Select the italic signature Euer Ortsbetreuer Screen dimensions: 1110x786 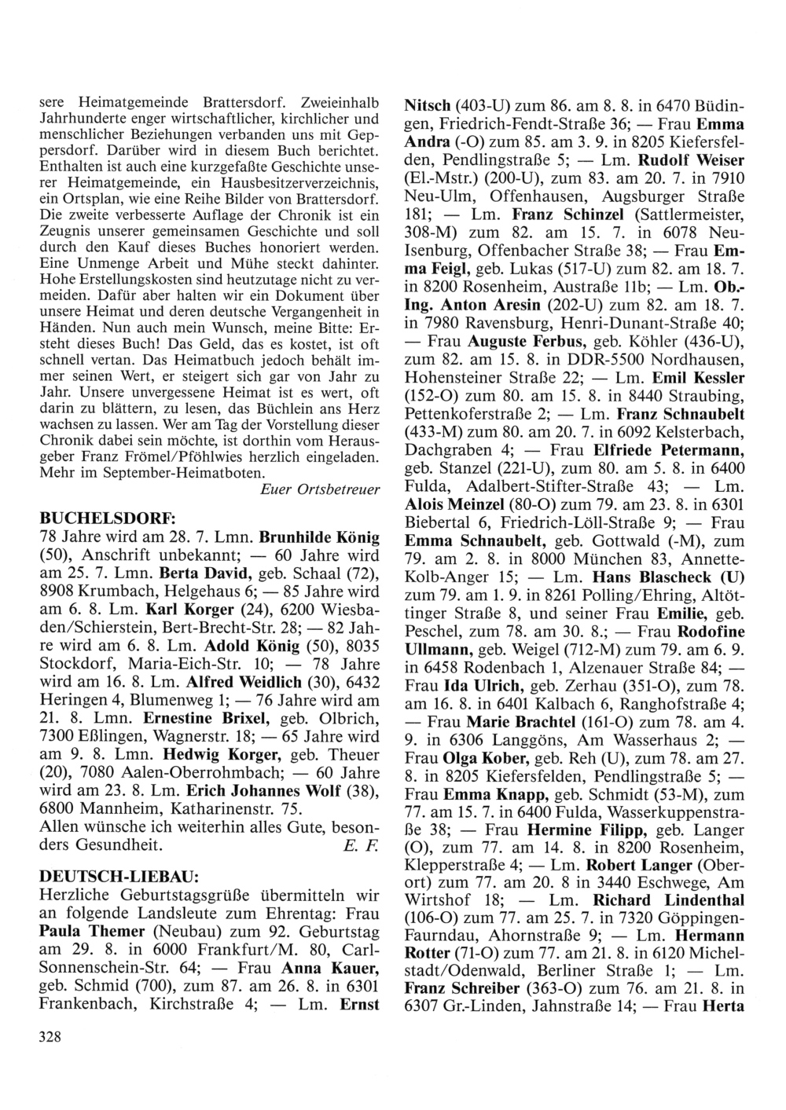pyautogui.click(x=319, y=489)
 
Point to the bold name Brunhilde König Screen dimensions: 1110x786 pyautogui.click(x=319, y=538)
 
